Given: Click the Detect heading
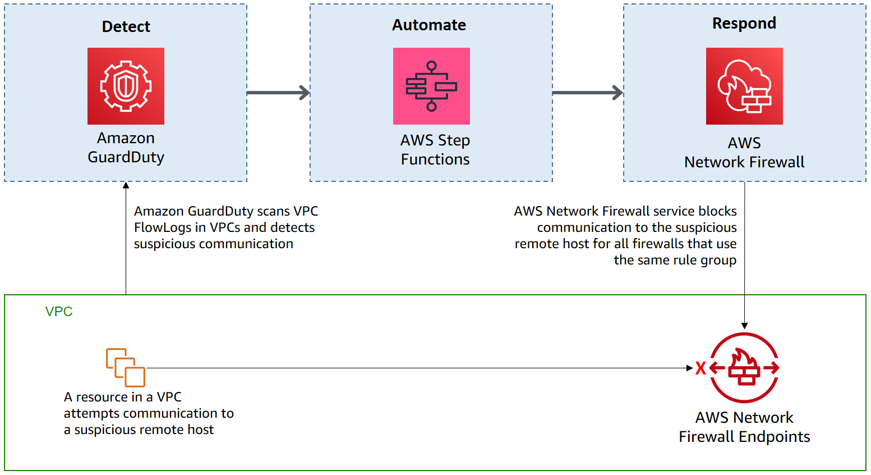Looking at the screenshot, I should tap(126, 26).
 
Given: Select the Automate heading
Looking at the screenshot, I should tap(429, 25).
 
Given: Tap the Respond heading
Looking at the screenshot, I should tap(744, 23).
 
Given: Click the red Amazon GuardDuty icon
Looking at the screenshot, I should tap(126, 86).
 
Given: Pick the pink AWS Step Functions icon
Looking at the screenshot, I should tap(431, 86).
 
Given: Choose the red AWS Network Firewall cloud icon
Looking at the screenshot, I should tap(744, 86).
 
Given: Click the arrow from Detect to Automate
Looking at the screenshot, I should tap(278, 93).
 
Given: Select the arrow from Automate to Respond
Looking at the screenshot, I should tap(587, 93).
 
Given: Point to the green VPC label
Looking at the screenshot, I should tap(59, 312).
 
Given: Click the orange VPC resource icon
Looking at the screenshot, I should tap(126, 367).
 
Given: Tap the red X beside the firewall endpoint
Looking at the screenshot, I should tap(701, 368).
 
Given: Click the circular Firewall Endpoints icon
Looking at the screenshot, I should tap(744, 368).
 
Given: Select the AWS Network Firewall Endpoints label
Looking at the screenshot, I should tap(744, 427).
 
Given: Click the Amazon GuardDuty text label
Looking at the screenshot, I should tap(126, 148).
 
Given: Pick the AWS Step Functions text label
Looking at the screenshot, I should tap(435, 150).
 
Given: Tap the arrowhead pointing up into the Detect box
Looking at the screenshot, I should tap(126, 185).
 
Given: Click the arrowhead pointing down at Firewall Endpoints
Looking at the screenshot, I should tap(744, 326).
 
